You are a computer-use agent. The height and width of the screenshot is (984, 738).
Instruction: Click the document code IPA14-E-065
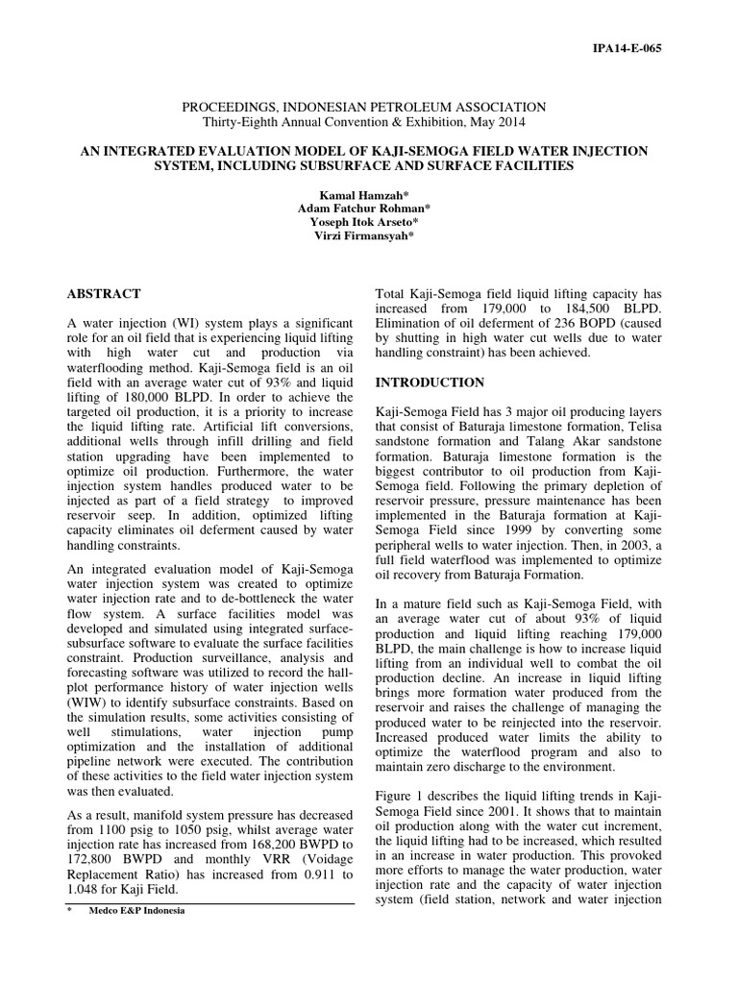[630, 47]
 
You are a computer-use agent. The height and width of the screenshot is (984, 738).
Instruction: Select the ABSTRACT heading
[105, 294]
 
